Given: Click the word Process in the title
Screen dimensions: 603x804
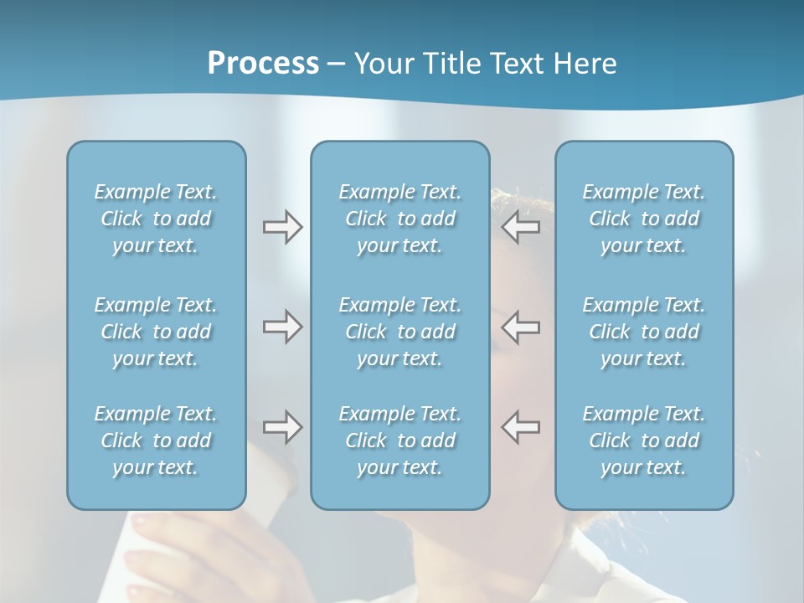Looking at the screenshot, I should click(263, 64).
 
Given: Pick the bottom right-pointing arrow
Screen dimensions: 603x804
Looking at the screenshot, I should click(282, 427).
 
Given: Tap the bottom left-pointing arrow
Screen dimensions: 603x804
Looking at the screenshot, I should click(521, 427).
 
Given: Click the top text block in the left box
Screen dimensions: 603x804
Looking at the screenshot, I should click(156, 219).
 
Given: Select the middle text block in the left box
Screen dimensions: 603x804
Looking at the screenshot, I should click(156, 332).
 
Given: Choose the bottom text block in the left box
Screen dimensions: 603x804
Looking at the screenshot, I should click(156, 441).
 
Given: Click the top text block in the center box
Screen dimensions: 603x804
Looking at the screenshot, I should click(399, 219).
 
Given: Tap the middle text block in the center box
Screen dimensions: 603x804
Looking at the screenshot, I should click(399, 332).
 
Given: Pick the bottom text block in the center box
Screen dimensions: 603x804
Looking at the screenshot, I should click(399, 441).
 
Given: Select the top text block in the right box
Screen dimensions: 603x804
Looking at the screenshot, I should click(644, 219).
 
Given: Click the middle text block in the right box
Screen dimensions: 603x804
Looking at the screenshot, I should click(644, 332).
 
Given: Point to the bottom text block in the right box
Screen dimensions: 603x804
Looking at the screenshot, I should click(644, 441).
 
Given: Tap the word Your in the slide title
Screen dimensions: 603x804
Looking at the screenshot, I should click(381, 64).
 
